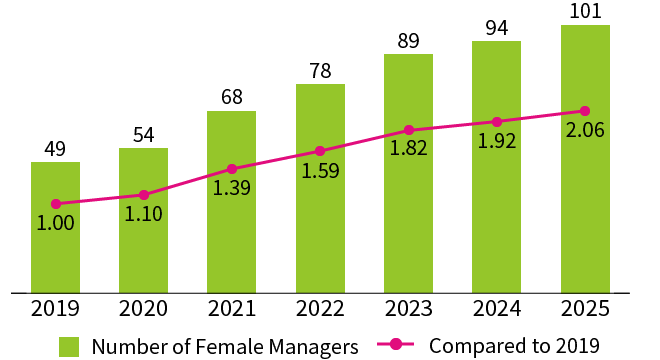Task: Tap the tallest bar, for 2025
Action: pyautogui.click(x=585, y=159)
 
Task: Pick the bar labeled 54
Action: pyautogui.click(x=143, y=220)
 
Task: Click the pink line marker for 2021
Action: pyautogui.click(x=232, y=169)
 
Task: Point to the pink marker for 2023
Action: pyautogui.click(x=408, y=130)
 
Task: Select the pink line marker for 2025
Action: pyautogui.click(x=585, y=111)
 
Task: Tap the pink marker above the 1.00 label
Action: pyautogui.click(x=55, y=204)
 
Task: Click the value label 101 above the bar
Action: pyautogui.click(x=585, y=11)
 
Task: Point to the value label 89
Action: pyautogui.click(x=408, y=40)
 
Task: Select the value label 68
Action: pyautogui.click(x=232, y=97)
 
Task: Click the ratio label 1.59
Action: pyautogui.click(x=320, y=170)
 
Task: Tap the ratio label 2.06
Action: pyautogui.click(x=585, y=131)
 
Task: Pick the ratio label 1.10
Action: pyautogui.click(x=143, y=213)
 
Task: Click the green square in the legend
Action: pyautogui.click(x=69, y=346)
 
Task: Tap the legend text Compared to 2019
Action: pyautogui.click(x=514, y=346)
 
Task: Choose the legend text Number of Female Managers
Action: pyautogui.click(x=224, y=346)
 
